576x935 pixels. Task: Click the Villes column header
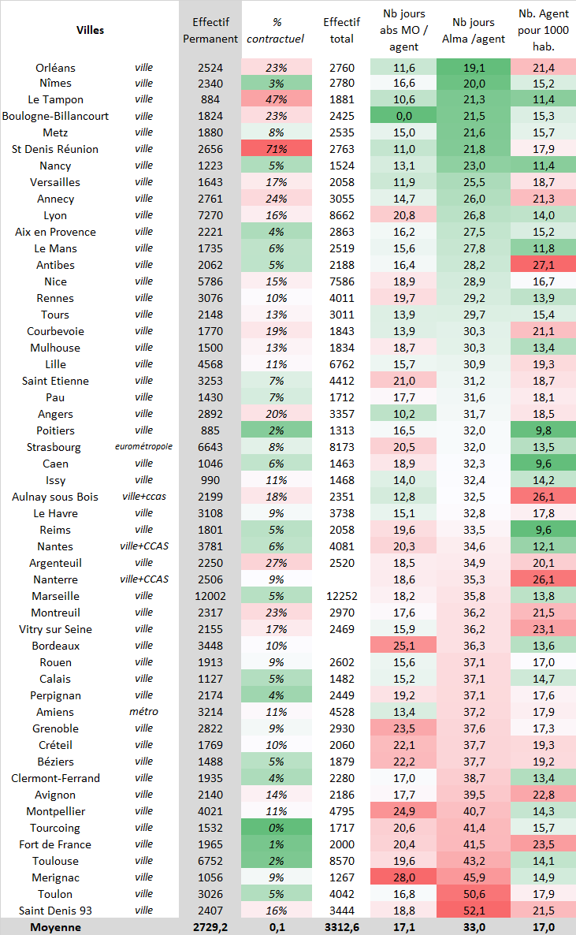pos(90,30)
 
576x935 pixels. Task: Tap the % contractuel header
pos(277,30)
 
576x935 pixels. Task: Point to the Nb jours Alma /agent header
pos(474,30)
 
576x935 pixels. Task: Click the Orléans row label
pos(56,67)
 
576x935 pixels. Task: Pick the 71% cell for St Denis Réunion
pos(277,149)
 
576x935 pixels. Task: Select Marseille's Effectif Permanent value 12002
pos(210,596)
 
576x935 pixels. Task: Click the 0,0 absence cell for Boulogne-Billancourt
pos(403,116)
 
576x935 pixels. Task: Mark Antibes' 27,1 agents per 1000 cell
pos(544,265)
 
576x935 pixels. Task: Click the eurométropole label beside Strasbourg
pos(143,447)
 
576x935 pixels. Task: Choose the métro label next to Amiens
pos(143,712)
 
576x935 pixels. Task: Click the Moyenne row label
pos(56,927)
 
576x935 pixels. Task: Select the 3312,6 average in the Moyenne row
pos(341,927)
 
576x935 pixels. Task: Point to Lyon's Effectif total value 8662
pos(341,215)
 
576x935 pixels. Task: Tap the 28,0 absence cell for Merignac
pos(403,877)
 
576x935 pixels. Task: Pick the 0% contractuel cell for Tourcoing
pos(277,828)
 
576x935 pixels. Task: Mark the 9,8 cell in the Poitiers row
pos(544,430)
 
